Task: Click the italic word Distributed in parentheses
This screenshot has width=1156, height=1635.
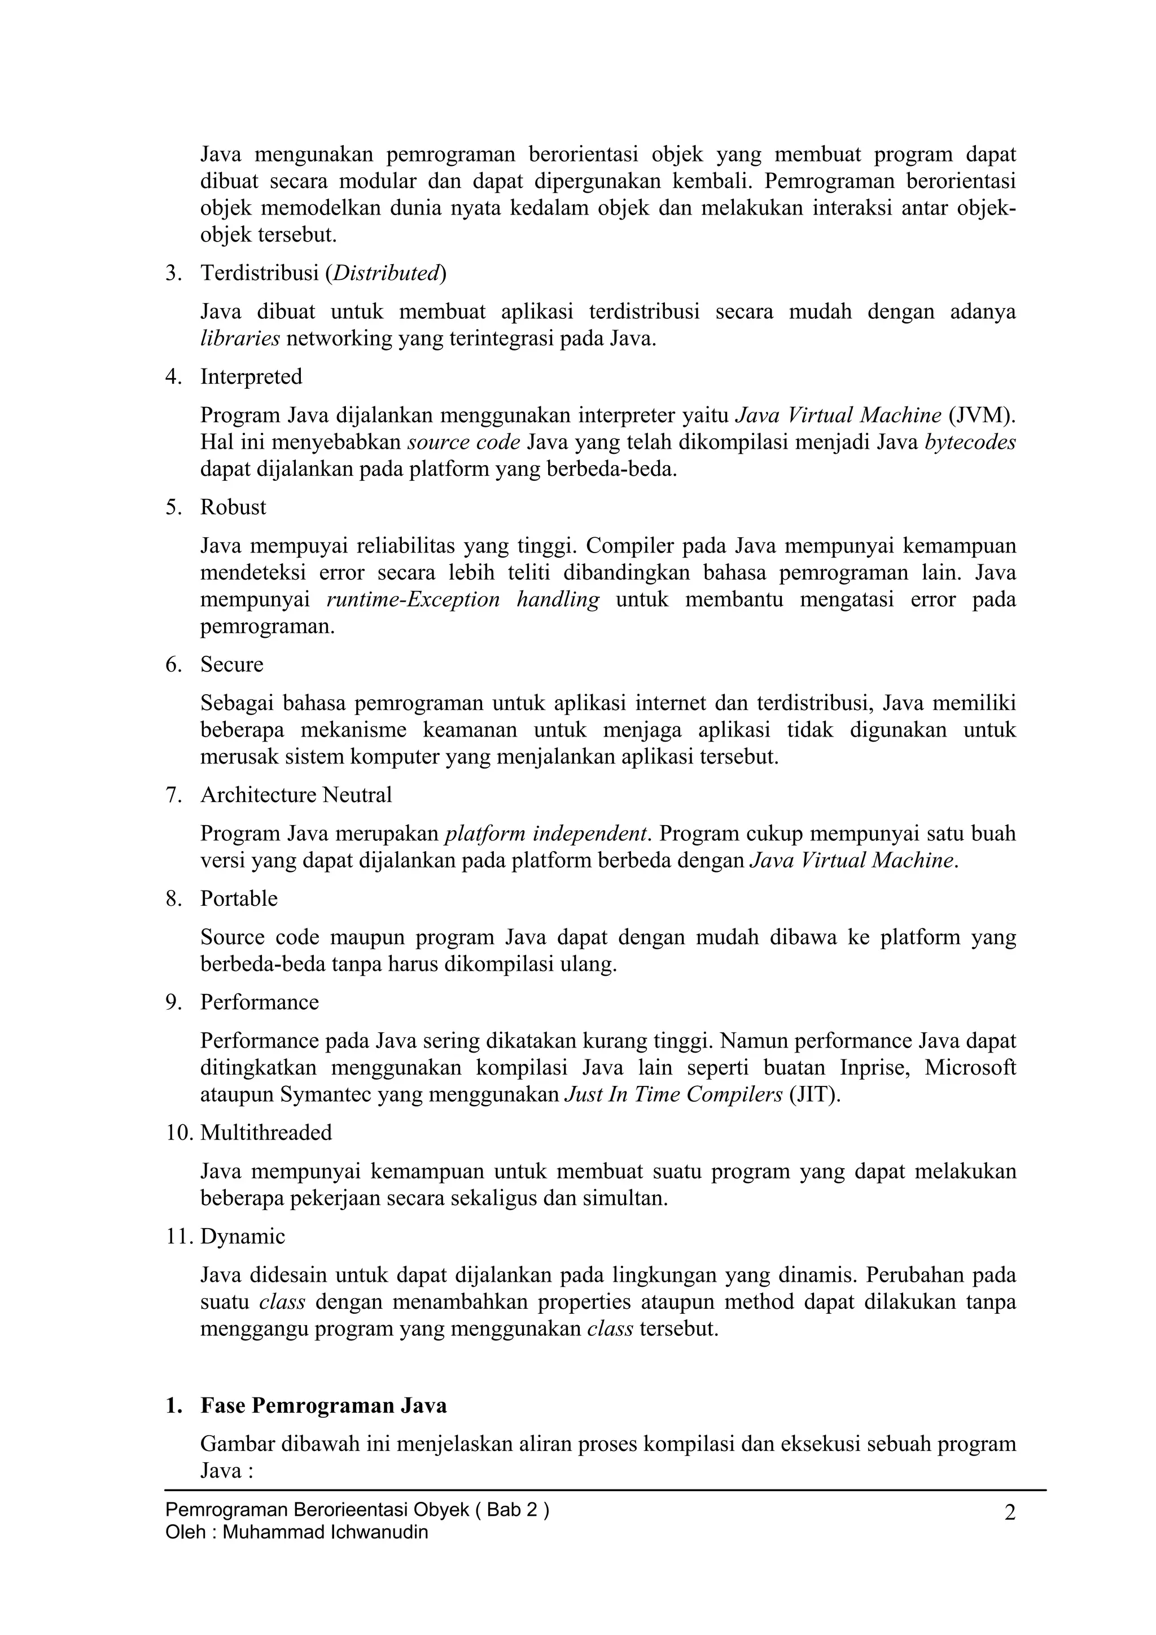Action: (386, 274)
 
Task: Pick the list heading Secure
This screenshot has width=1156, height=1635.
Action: (231, 664)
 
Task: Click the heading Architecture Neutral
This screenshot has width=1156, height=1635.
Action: (296, 795)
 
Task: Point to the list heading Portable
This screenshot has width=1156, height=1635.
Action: (239, 898)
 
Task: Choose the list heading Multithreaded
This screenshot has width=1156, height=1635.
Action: (266, 1133)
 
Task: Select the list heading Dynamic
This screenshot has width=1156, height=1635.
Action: (242, 1236)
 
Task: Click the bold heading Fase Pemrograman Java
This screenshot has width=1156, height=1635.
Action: (323, 1406)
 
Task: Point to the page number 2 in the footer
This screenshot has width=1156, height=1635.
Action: (1010, 1513)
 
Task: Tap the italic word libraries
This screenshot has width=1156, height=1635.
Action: (240, 339)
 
